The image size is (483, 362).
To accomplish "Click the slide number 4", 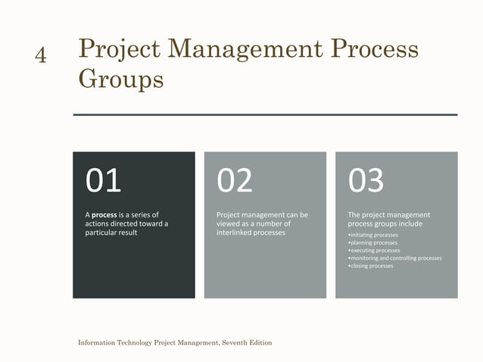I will (41, 55).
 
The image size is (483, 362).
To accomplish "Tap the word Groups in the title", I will (121, 79).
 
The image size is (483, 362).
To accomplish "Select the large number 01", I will (104, 181).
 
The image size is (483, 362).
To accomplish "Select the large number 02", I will (235, 181).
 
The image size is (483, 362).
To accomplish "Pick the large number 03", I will (366, 181).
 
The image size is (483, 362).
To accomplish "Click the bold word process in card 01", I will (104, 215).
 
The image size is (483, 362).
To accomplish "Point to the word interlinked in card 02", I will (235, 232).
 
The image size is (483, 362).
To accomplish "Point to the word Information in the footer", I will (98, 343).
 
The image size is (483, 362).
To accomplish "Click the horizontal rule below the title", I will (265, 115).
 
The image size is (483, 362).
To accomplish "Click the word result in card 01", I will (126, 232).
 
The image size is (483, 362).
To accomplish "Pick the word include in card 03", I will (410, 224).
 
